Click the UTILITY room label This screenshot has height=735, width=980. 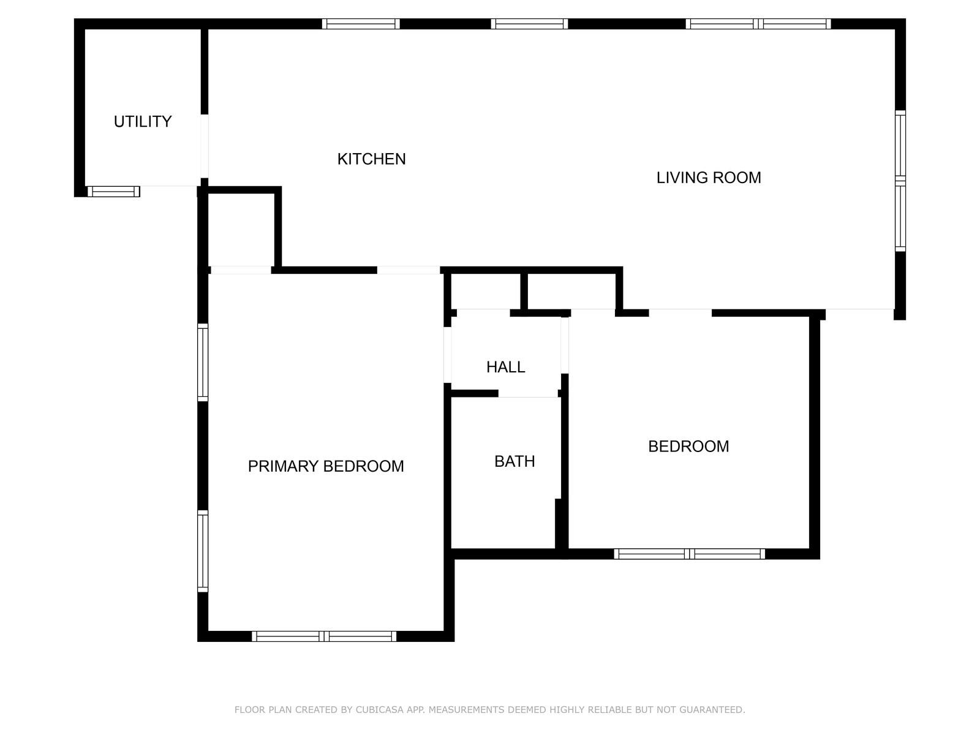[143, 121]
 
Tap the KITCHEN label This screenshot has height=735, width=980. [371, 159]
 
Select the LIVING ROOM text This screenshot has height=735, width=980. [709, 178]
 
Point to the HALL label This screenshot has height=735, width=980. [505, 367]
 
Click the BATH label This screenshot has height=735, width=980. [514, 461]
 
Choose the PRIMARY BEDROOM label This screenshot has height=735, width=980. [325, 467]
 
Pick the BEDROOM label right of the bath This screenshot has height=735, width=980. [688, 447]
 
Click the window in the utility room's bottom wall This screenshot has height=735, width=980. [114, 192]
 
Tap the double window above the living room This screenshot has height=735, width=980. [758, 24]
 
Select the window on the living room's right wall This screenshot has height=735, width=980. [900, 181]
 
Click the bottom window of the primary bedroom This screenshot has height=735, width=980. [324, 636]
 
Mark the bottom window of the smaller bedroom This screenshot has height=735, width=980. [690, 554]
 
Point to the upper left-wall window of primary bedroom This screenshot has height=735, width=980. [203, 362]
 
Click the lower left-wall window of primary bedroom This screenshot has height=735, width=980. [203, 551]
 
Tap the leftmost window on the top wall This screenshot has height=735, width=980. [361, 24]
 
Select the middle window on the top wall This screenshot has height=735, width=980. [529, 24]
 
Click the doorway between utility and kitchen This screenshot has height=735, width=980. [205, 146]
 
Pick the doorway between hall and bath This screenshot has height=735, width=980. [528, 393]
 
